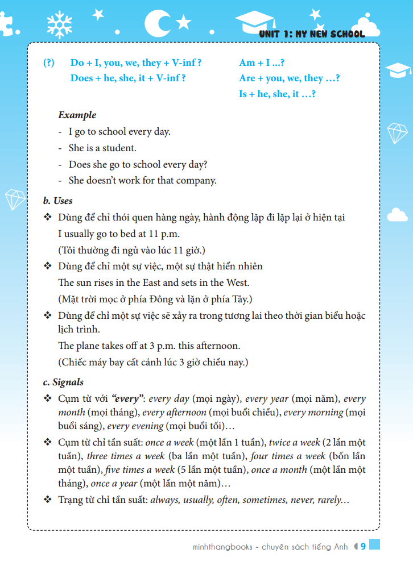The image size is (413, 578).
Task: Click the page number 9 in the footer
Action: pos(363,547)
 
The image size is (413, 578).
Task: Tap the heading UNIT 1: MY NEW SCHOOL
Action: pos(311,34)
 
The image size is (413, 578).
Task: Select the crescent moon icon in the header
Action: pos(155,23)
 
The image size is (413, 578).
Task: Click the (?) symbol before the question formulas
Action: pos(49,63)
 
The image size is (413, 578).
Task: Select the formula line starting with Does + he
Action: pos(128,78)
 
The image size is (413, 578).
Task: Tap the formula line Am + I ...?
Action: pos(262,63)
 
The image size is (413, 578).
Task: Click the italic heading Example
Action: pos(77,115)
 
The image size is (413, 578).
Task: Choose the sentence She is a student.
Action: pos(102,148)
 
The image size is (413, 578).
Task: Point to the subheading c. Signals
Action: pos(63,382)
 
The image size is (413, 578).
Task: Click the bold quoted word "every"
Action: pos(125,399)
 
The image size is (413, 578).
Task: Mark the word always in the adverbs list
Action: pos(164,500)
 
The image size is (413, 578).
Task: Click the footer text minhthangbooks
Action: pos(222,547)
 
